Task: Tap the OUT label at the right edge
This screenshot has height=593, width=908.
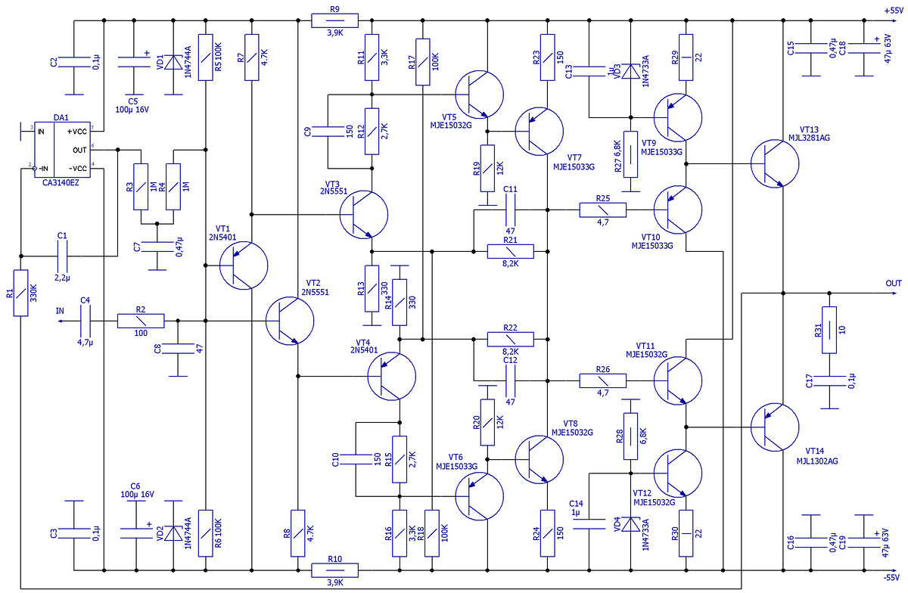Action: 894,283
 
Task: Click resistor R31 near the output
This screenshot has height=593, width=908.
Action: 829,330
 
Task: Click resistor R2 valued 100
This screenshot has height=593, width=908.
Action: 140,321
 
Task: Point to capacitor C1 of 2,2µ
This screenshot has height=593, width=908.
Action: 63,257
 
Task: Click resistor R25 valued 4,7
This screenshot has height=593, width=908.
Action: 603,210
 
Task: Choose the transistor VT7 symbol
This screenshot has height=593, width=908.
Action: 539,130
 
